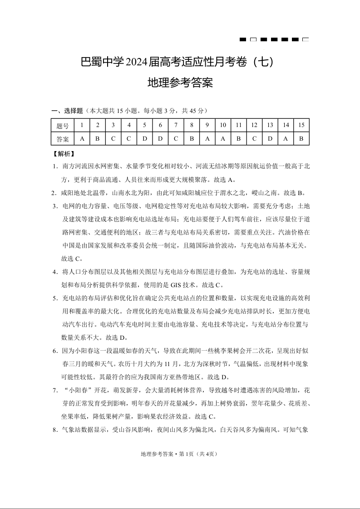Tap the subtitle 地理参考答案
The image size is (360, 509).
pyautogui.click(x=180, y=83)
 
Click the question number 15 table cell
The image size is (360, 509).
pyautogui.click(x=301, y=125)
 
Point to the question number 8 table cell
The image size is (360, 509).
pyautogui.click(x=192, y=125)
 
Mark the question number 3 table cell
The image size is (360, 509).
pyautogui.click(x=113, y=125)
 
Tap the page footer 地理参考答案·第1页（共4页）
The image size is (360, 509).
pyautogui.click(x=180, y=454)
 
